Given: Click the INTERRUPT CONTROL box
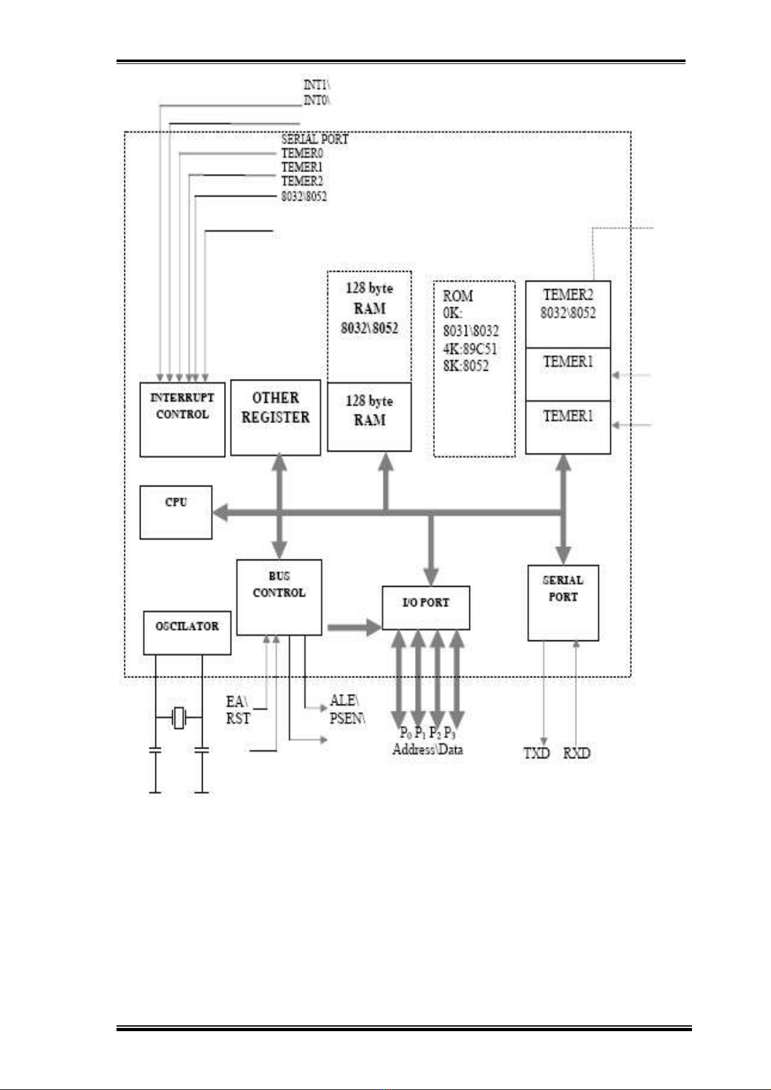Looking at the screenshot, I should (182, 419).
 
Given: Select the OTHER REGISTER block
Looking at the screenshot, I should (275, 417).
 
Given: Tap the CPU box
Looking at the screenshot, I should (175, 512).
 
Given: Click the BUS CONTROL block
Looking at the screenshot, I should (278, 596).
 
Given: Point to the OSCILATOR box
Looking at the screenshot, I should (186, 633).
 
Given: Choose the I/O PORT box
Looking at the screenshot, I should (425, 607).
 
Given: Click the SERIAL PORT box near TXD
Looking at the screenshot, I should (563, 602).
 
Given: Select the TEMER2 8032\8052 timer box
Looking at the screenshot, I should (568, 314).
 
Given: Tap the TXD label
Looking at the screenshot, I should (536, 753).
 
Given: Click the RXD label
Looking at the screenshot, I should (576, 753).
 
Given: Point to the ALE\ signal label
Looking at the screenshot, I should (344, 701).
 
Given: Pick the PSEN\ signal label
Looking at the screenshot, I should (347, 718).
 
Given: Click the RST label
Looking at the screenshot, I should (238, 719).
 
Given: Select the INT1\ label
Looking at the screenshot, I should (317, 84).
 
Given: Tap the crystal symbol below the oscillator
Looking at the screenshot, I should (179, 717).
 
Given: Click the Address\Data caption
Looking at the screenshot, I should (427, 750).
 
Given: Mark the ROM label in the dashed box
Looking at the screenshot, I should (458, 296).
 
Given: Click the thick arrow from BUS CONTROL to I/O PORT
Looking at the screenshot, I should (353, 627).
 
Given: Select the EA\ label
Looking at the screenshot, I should (236, 701).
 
